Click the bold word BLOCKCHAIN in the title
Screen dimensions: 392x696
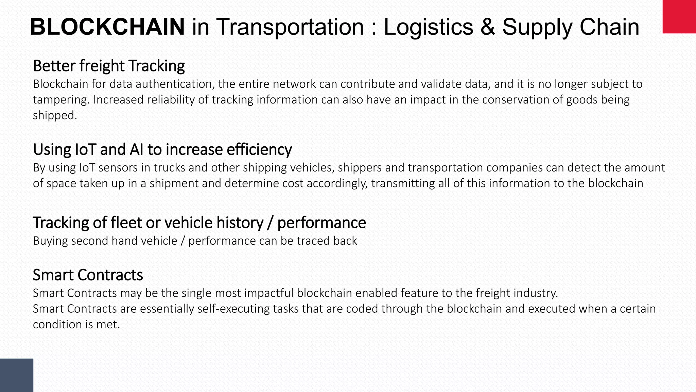click(107, 27)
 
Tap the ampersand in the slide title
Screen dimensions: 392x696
click(488, 27)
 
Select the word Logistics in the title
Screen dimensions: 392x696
click(428, 27)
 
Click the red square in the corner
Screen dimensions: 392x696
click(679, 17)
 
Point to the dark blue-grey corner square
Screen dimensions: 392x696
click(17, 375)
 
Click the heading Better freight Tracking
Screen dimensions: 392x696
click(109, 66)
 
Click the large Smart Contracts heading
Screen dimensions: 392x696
click(88, 275)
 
